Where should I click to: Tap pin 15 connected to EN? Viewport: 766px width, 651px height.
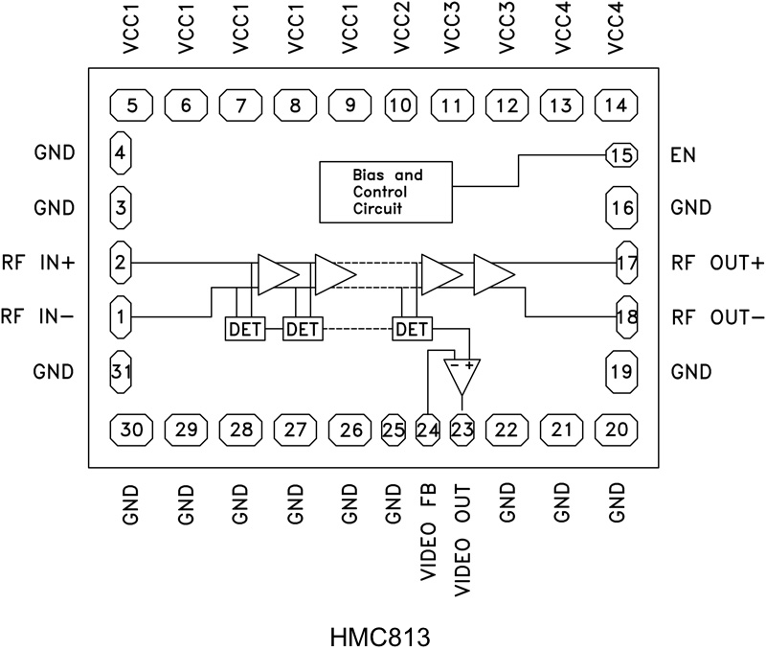point(620,154)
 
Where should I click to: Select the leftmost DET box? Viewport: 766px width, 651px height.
point(240,329)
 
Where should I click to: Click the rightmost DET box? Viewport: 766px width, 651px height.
point(412,329)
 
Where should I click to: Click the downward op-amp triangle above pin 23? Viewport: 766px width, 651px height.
point(462,378)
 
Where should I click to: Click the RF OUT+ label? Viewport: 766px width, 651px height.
point(712,262)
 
